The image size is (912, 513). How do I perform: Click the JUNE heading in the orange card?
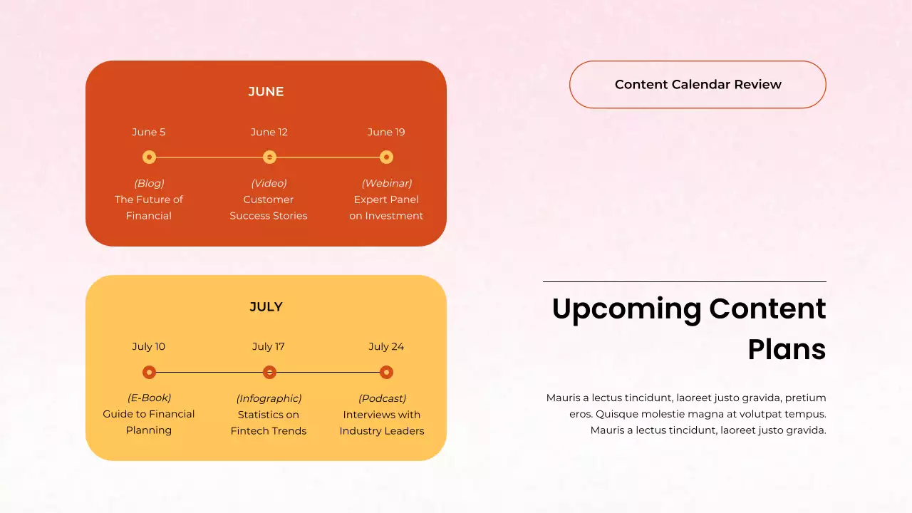(x=266, y=91)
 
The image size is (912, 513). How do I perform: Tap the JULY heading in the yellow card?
(x=266, y=306)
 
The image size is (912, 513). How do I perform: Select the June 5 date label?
(x=148, y=132)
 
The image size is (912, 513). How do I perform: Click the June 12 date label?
(x=269, y=132)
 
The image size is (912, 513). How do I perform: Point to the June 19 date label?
(x=386, y=132)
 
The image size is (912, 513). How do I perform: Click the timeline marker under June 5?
(x=149, y=157)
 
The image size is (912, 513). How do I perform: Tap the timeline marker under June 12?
(x=269, y=157)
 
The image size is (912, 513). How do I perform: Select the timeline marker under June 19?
(x=386, y=157)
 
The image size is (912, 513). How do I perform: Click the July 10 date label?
(x=148, y=346)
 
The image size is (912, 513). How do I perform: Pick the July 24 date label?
(x=386, y=346)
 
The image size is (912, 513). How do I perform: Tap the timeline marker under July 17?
(x=269, y=372)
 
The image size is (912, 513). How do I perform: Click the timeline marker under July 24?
(x=386, y=372)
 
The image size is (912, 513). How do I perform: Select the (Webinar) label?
(x=386, y=183)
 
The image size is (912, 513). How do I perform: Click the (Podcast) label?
(x=382, y=398)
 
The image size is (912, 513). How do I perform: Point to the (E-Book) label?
(x=149, y=398)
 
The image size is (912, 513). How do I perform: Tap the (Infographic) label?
(x=269, y=398)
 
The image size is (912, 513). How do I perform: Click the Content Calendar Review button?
(x=698, y=84)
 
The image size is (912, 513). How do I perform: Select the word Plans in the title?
(x=786, y=349)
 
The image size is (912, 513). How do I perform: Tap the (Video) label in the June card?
(x=269, y=183)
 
